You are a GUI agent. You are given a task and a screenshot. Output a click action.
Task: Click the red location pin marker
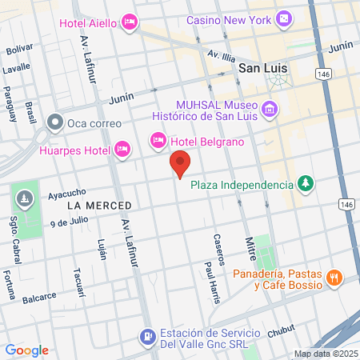coord(181,164)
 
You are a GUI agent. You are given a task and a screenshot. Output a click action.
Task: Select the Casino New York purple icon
coord(284,18)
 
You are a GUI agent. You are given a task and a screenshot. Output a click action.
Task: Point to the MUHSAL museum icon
coord(270,108)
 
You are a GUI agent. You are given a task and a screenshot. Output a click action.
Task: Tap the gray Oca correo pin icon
coord(55,123)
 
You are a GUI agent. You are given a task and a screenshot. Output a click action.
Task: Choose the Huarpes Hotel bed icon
coord(122,148)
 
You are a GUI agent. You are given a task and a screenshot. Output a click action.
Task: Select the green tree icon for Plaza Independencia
coord(305,185)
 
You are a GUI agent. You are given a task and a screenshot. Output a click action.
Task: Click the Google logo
coord(26,350)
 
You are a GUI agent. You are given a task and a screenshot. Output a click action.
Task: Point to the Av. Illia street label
coord(222,57)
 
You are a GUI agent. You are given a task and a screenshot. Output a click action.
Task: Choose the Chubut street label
coord(281,329)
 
